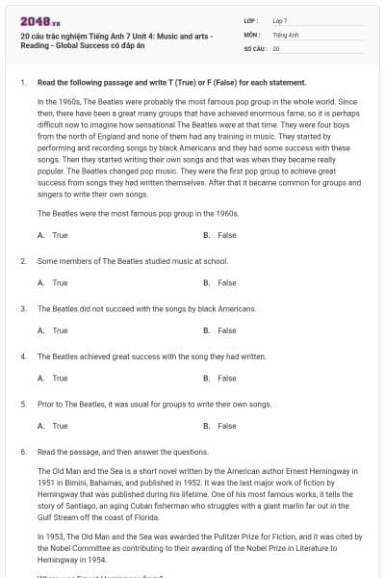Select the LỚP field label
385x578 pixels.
pyautogui.click(x=250, y=19)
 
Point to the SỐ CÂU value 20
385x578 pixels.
pyautogui.click(x=276, y=47)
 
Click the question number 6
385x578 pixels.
pyautogui.click(x=22, y=451)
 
